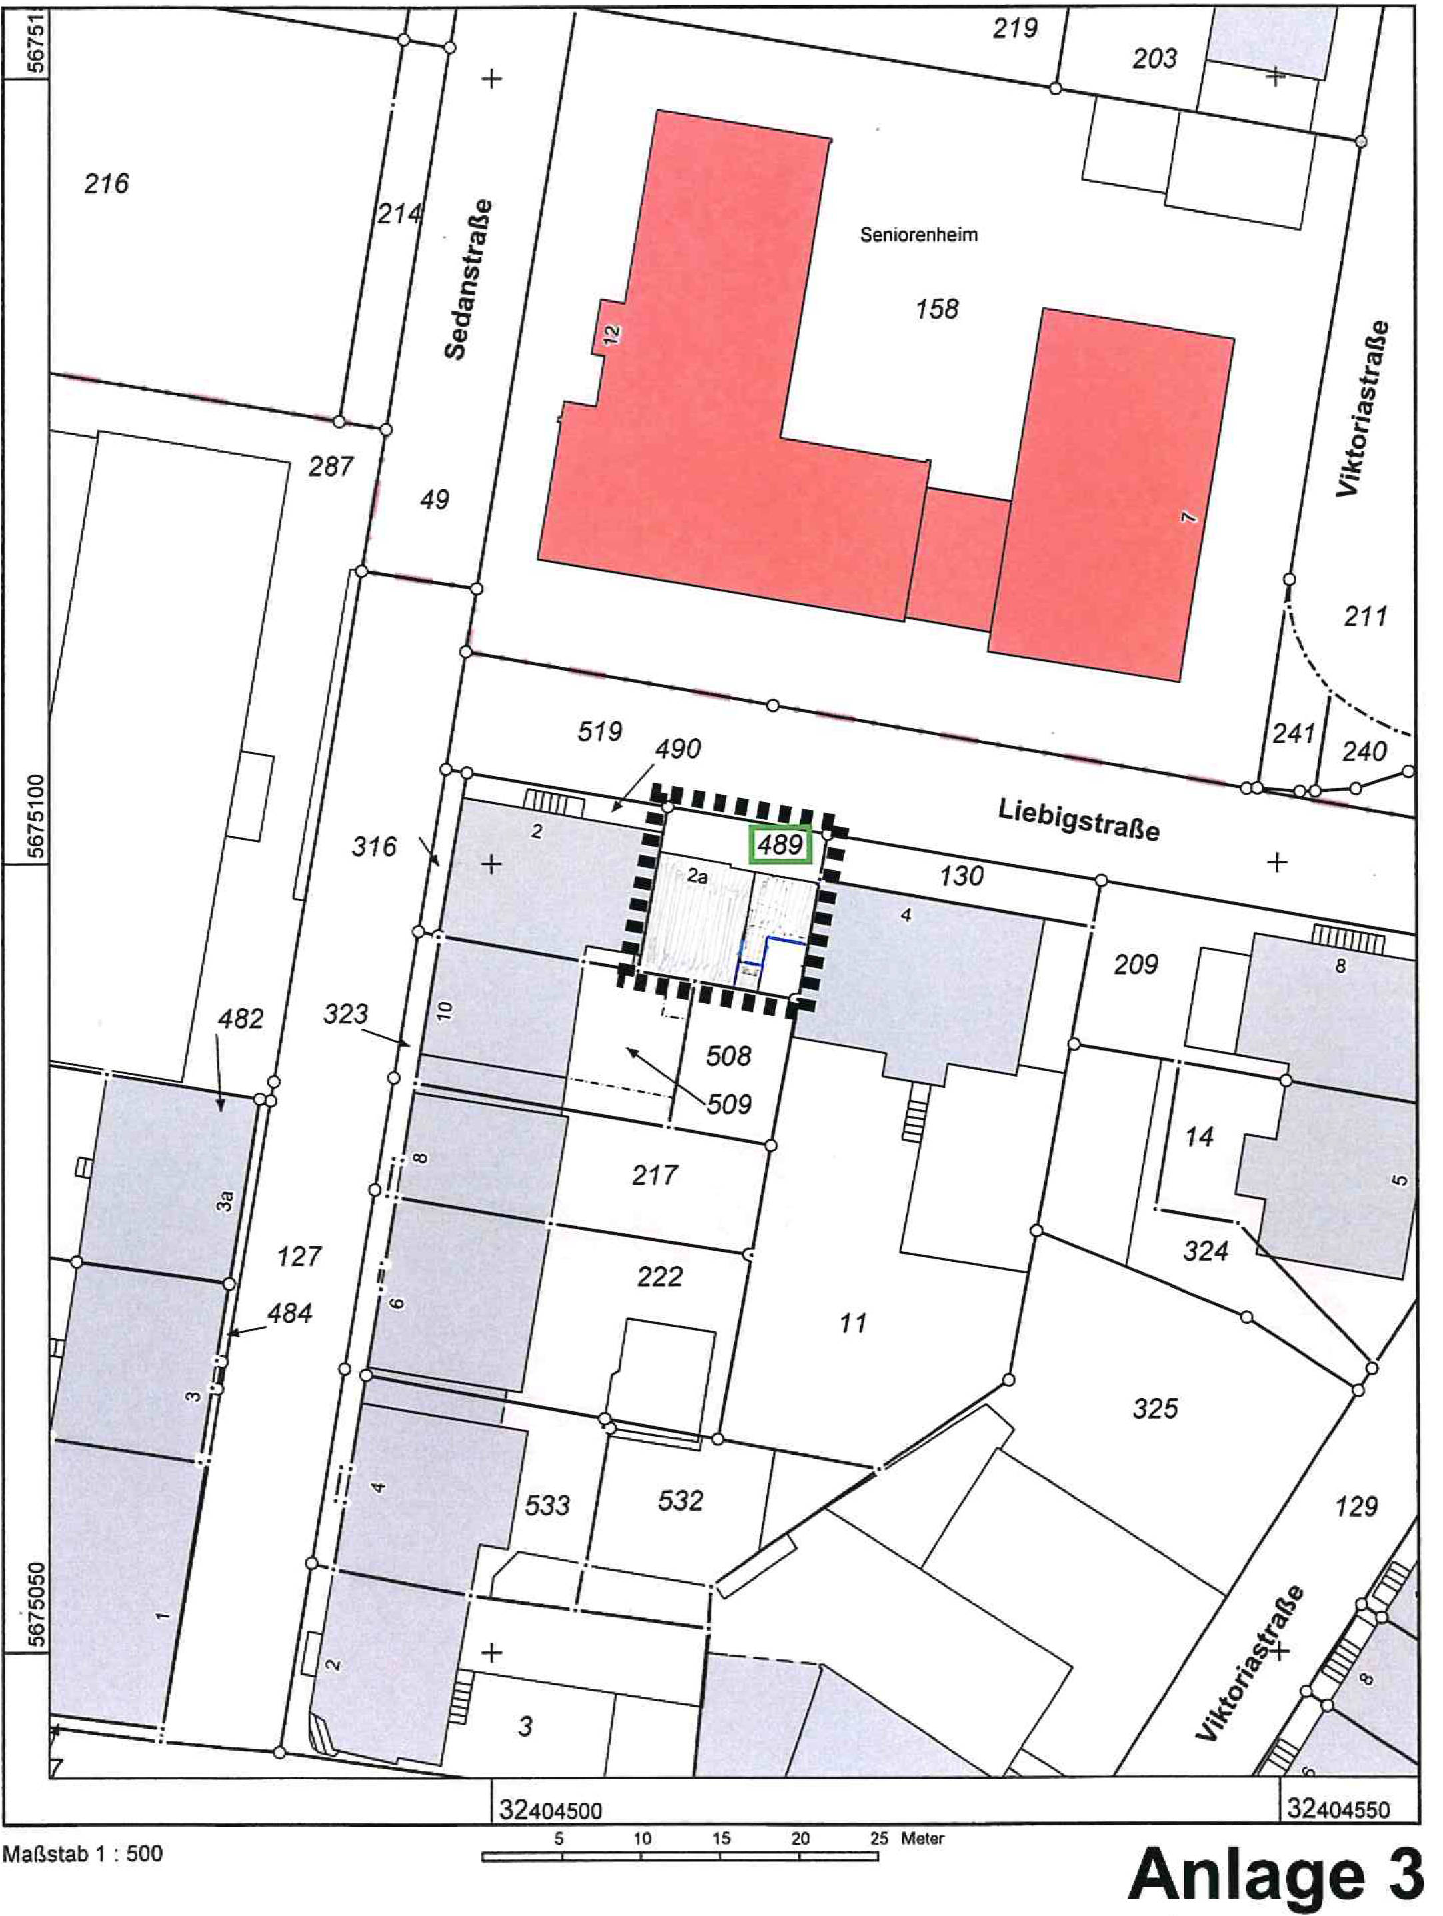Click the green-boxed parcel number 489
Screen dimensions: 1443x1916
tap(780, 844)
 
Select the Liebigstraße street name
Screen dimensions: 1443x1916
tap(1078, 820)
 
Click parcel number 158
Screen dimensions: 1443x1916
tap(937, 309)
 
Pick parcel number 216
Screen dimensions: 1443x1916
tap(107, 184)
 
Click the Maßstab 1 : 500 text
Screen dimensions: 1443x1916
tap(83, 1853)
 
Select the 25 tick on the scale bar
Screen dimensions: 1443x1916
tap(879, 1838)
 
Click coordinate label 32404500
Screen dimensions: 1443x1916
tap(550, 1810)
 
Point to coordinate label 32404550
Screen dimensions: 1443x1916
tap(1338, 1809)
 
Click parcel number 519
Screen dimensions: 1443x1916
tap(599, 732)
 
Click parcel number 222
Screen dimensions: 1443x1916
tap(659, 1277)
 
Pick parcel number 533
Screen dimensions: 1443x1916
tap(547, 1505)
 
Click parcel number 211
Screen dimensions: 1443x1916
tap(1366, 616)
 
